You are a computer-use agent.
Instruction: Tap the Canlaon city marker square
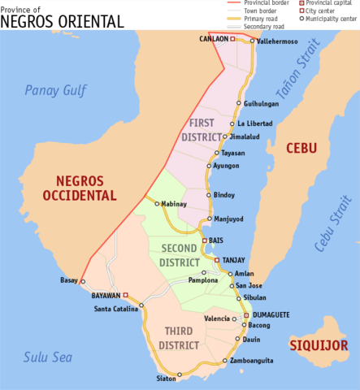pos(232,38)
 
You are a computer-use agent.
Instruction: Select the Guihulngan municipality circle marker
pos(239,104)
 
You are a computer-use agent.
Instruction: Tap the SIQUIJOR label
pos(319,345)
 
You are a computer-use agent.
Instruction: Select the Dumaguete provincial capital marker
pos(246,314)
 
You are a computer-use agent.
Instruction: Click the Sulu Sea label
pos(47,357)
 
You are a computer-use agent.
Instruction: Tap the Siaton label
pos(166,379)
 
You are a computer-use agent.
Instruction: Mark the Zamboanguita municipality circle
pos(225,360)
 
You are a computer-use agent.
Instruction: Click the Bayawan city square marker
pos(125,295)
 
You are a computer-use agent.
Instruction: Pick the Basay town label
pos(69,280)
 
